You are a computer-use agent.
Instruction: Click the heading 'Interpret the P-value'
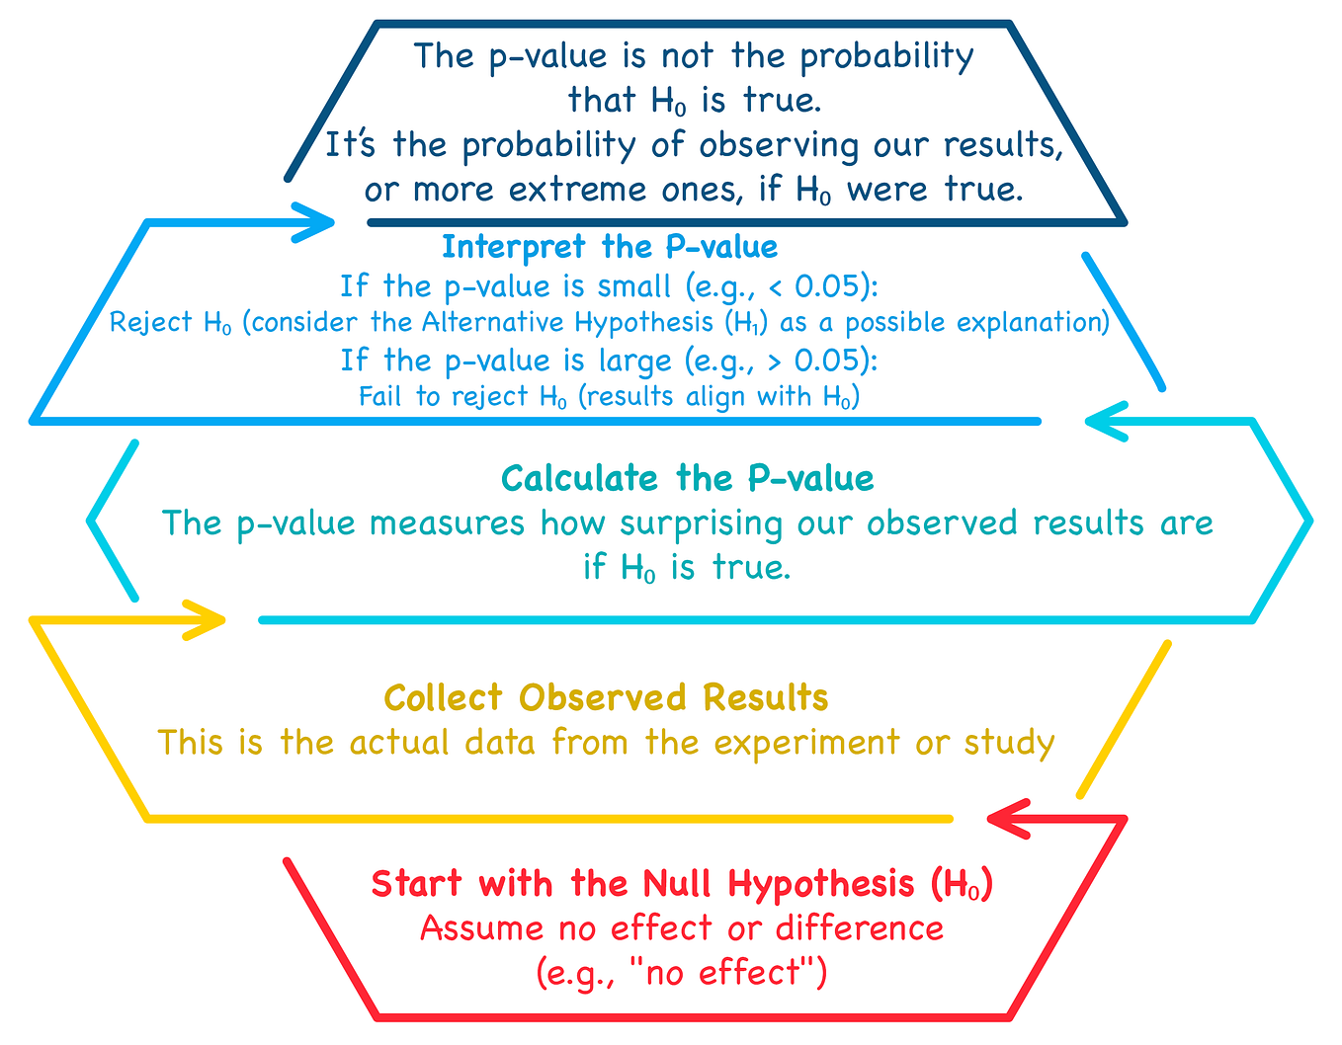point(609,246)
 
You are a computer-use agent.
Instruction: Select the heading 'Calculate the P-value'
point(687,478)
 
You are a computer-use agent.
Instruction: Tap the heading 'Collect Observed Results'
point(606,697)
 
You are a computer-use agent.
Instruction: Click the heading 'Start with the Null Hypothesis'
point(682,883)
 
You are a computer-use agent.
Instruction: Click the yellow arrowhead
point(210,620)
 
